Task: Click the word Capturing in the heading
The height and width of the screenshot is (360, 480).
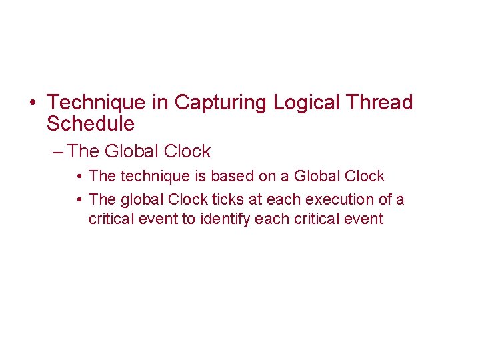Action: (221, 103)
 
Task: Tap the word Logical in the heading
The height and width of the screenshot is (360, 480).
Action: (309, 103)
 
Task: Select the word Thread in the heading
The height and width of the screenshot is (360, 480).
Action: (380, 103)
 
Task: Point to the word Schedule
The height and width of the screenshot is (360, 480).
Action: (91, 124)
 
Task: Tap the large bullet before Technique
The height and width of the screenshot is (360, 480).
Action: (33, 103)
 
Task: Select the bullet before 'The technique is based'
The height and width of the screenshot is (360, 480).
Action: (79, 177)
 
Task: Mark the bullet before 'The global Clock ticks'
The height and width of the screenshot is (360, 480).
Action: (79, 200)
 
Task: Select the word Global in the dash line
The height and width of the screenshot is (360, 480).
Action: (132, 152)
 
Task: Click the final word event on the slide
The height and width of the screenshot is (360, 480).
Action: (364, 219)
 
